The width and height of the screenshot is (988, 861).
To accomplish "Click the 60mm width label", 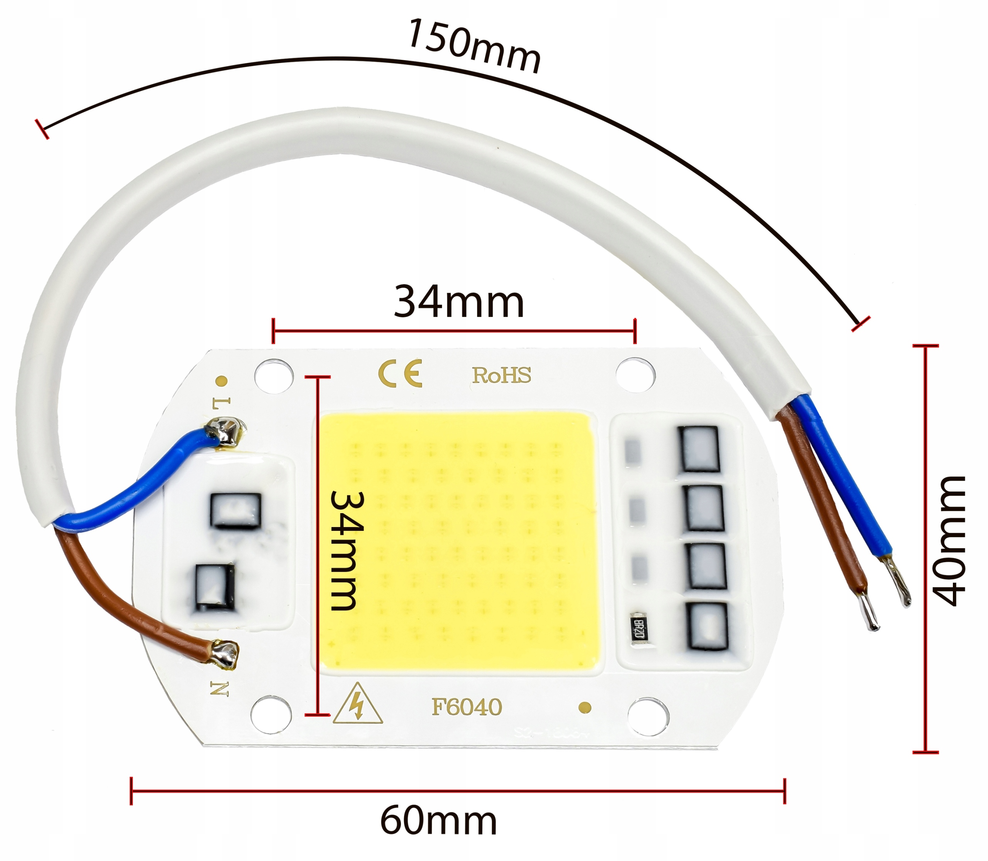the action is click(x=438, y=822).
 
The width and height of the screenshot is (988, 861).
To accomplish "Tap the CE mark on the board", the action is click(x=400, y=373).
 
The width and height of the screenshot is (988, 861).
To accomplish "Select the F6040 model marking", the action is click(x=466, y=707).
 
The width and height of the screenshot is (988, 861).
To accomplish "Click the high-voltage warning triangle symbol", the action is click(x=358, y=705).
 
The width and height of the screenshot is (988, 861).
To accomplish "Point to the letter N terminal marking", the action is click(x=220, y=689).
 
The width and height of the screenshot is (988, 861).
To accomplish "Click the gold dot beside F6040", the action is click(x=585, y=707).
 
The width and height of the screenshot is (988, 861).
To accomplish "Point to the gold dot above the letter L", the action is click(x=222, y=381).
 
